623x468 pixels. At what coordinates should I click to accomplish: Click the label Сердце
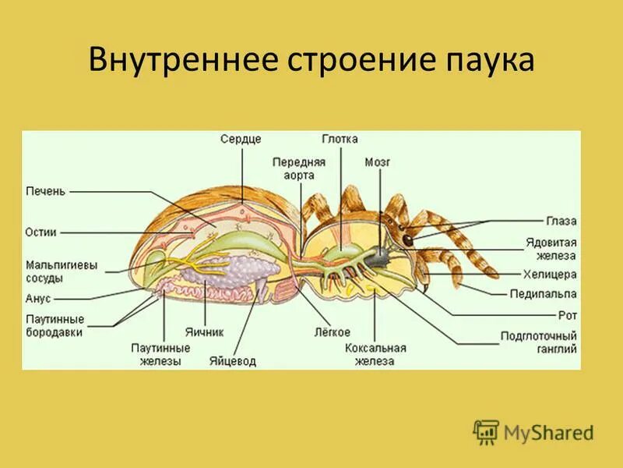[x=240, y=139]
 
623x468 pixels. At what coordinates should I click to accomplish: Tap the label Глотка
[x=340, y=139]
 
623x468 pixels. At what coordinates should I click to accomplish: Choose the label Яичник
[x=205, y=331]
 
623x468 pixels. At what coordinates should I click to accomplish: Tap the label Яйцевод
[x=232, y=361]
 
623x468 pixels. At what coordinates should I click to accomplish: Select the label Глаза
[x=561, y=222]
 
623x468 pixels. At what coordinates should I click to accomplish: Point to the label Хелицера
[x=550, y=275]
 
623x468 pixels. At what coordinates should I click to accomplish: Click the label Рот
[x=567, y=315]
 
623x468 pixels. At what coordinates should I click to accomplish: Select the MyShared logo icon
[x=486, y=431]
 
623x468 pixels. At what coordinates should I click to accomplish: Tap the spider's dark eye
[x=407, y=240]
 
